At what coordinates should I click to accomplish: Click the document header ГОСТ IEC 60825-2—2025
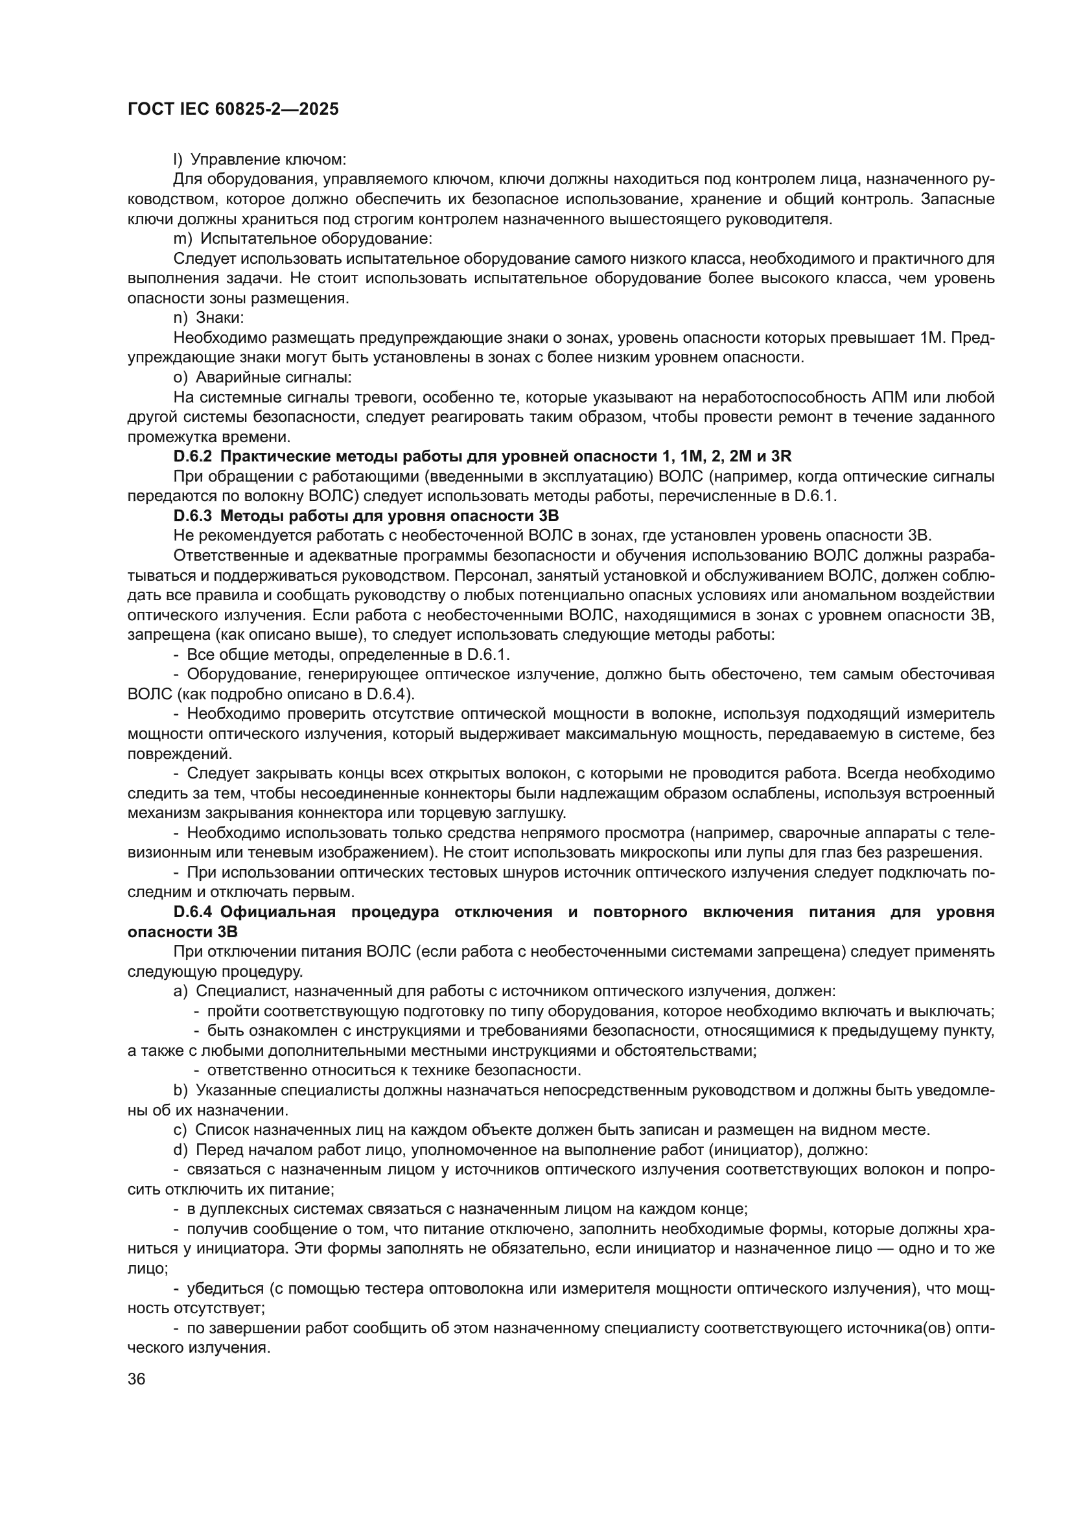233,110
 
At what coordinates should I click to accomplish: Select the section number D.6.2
191,456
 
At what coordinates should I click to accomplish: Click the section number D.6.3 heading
191,516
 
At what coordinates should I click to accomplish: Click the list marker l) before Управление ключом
177,159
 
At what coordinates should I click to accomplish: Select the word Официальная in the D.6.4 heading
278,912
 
